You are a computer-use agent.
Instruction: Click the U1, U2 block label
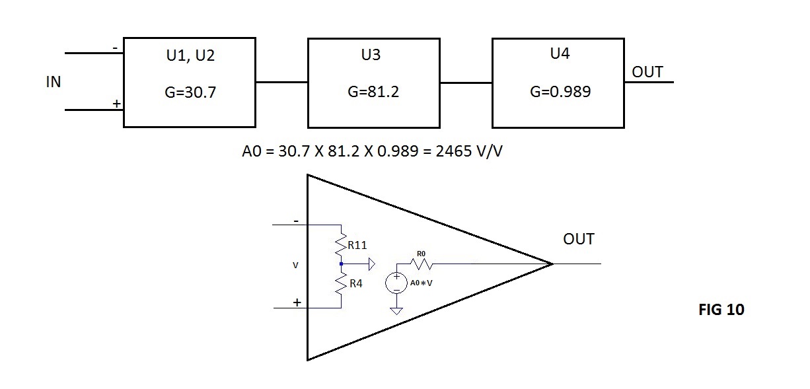point(190,55)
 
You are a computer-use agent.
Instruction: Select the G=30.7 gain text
point(190,92)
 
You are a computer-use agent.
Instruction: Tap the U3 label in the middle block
point(371,55)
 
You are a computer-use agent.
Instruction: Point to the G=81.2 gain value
point(373,92)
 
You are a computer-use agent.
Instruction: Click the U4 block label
point(560,53)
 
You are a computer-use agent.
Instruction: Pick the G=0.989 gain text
point(560,91)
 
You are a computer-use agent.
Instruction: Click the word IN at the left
point(54,82)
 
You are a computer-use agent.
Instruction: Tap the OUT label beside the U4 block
point(647,72)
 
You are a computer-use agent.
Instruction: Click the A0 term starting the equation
point(251,151)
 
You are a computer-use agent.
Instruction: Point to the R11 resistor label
point(357,246)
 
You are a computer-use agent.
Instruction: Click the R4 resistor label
point(356,284)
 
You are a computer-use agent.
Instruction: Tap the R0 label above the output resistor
point(421,254)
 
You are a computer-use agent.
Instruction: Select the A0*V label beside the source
point(421,283)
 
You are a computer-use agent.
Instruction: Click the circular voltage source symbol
point(396,283)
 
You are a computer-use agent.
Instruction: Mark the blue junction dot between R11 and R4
point(342,264)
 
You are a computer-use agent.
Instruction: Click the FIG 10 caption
point(721,310)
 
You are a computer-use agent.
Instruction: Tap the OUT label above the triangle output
point(579,239)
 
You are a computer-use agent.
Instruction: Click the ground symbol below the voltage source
point(396,311)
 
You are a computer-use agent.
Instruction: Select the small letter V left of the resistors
point(295,265)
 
